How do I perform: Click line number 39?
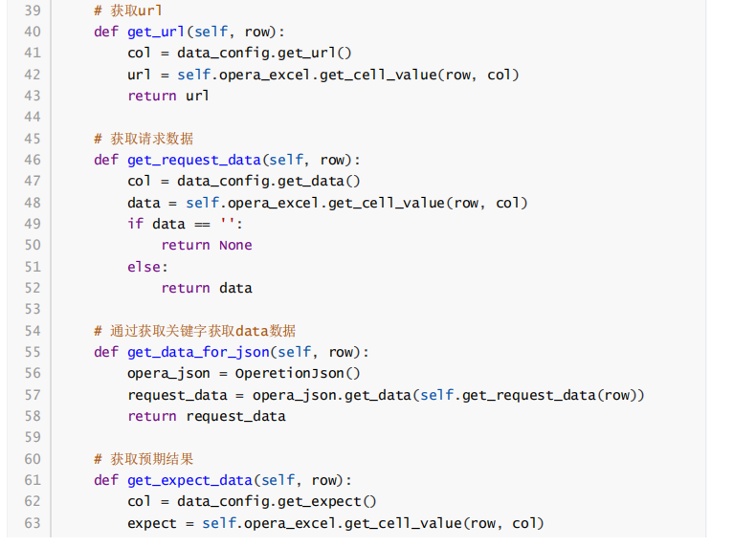click(32, 11)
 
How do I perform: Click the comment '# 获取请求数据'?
click(144, 139)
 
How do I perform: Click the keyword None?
click(235, 245)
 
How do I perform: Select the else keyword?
click(145, 267)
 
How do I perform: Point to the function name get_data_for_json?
click(197, 352)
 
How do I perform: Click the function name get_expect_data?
click(189, 480)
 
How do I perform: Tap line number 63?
click(32, 523)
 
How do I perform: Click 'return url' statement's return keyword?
click(152, 96)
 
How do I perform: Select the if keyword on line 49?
click(135, 224)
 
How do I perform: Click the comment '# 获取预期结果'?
click(144, 459)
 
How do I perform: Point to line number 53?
click(32, 309)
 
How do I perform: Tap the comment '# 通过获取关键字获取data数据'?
click(194, 331)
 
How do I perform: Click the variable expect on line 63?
click(152, 523)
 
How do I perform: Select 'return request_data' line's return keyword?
click(152, 416)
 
